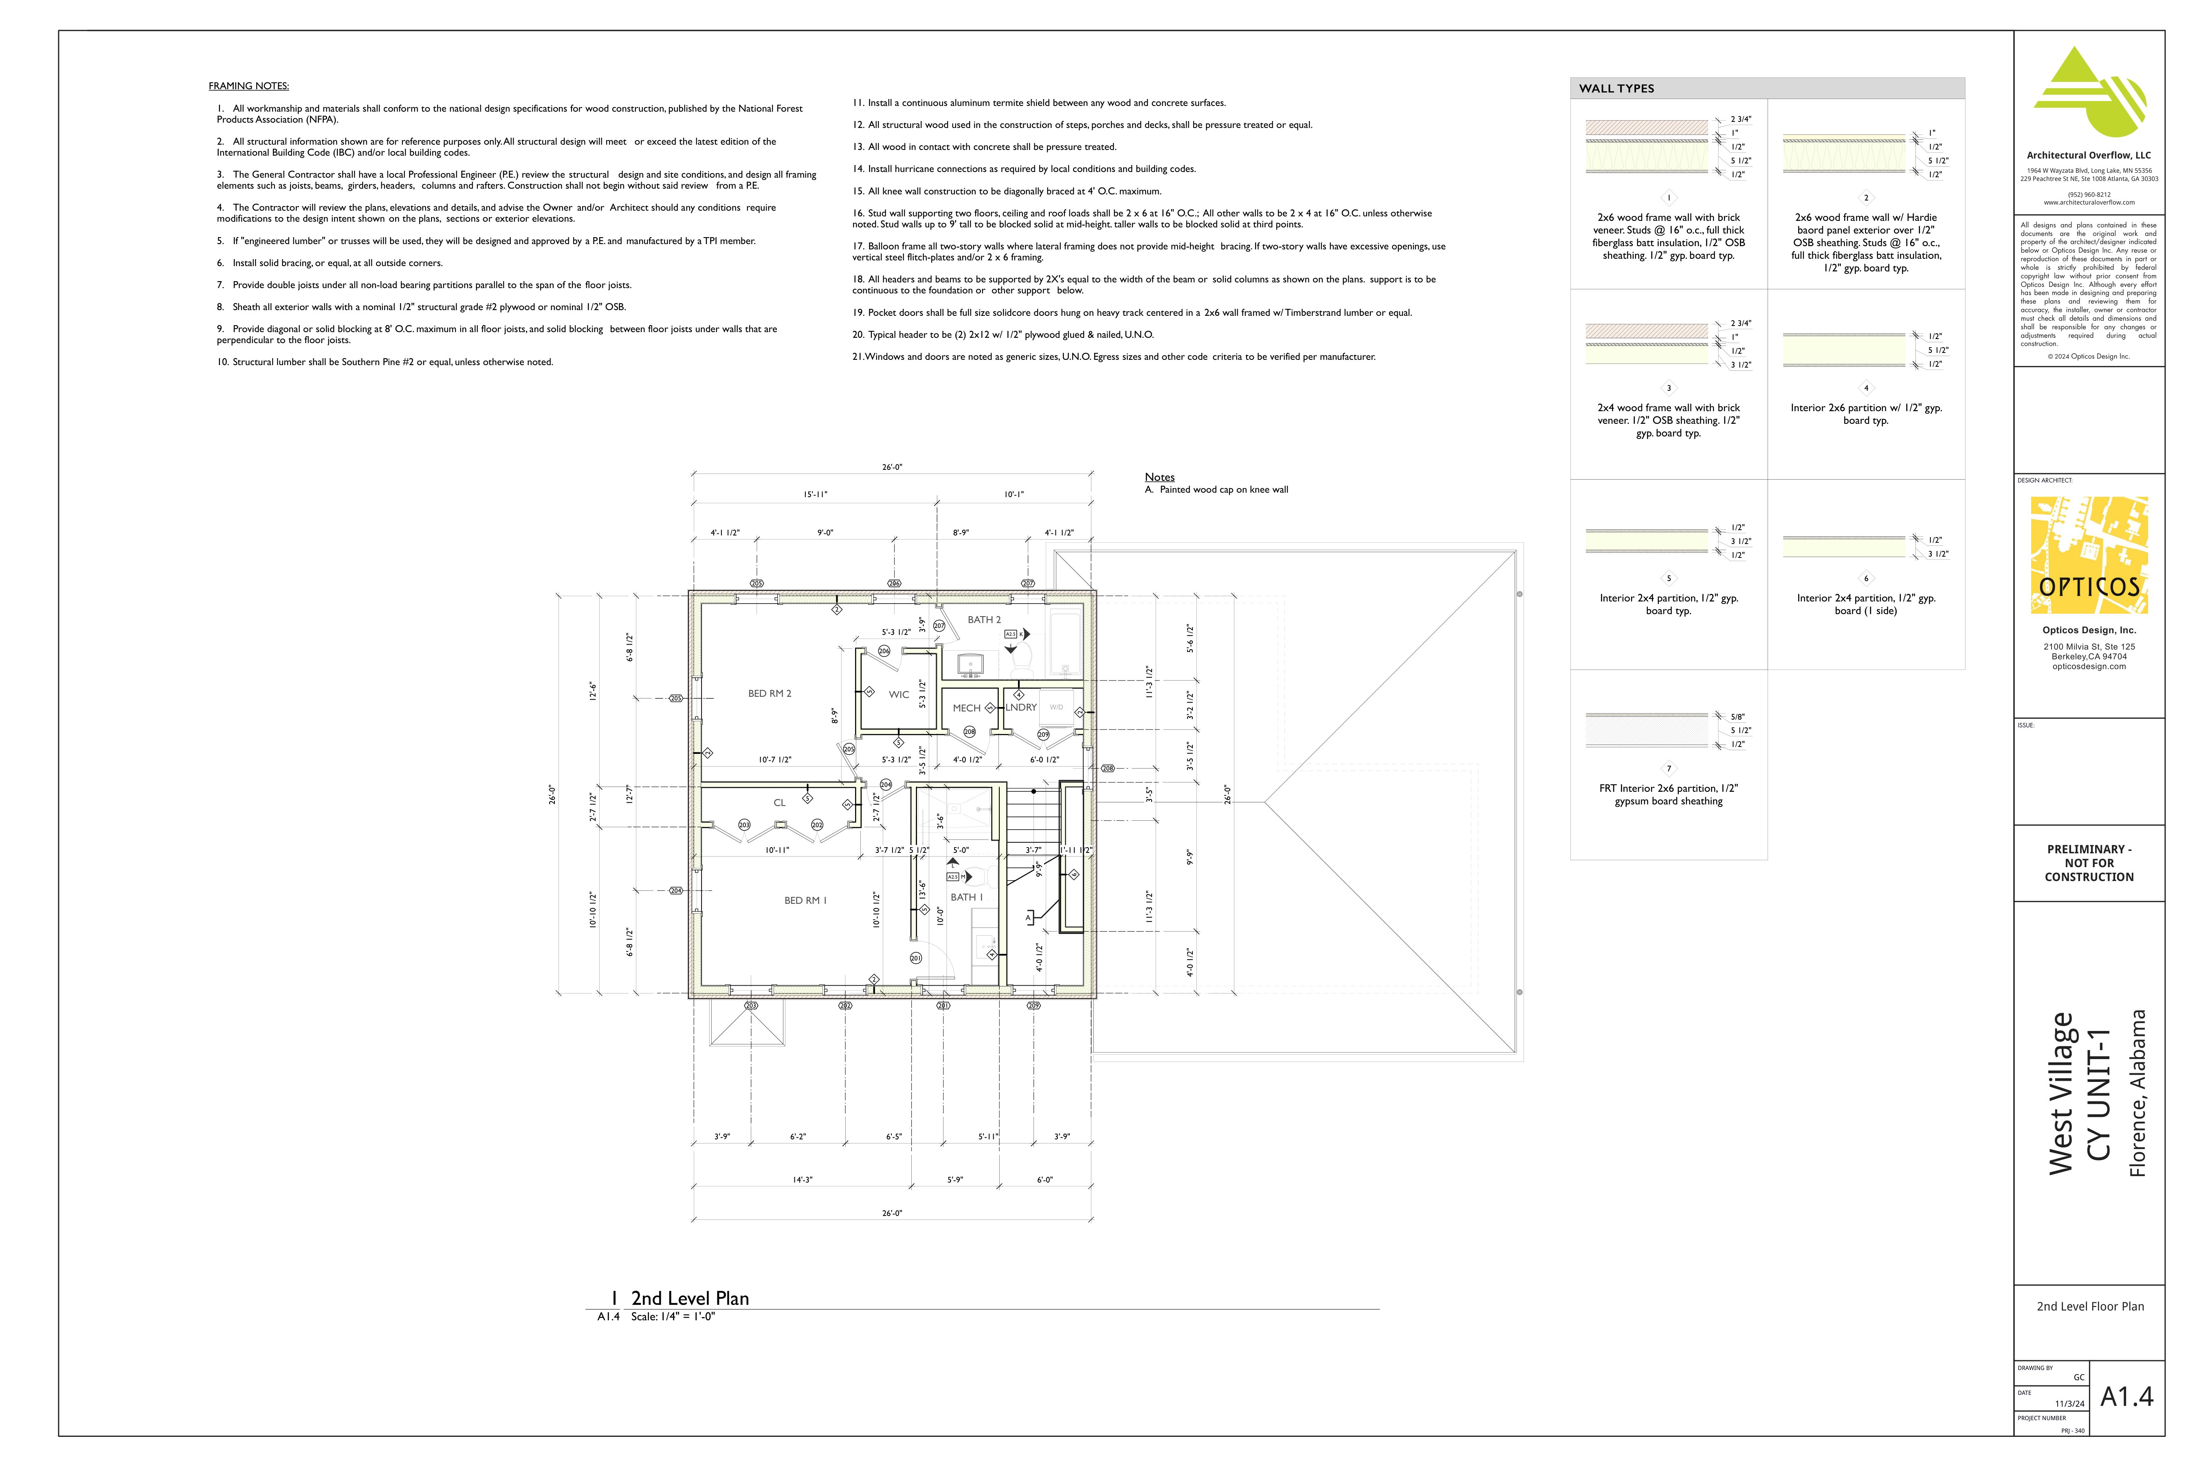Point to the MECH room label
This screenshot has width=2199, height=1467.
tap(966, 708)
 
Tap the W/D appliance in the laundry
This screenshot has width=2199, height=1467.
tap(1056, 707)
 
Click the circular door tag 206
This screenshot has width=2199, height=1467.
tap(884, 651)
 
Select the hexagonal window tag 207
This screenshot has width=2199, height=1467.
tap(1028, 583)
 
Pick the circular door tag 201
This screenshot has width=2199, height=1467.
tap(916, 958)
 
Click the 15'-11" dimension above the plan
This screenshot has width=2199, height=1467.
tap(815, 494)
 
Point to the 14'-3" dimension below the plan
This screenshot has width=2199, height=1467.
tap(803, 1180)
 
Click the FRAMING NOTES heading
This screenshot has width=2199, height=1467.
tap(249, 86)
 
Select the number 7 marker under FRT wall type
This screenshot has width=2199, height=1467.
tap(1669, 769)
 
